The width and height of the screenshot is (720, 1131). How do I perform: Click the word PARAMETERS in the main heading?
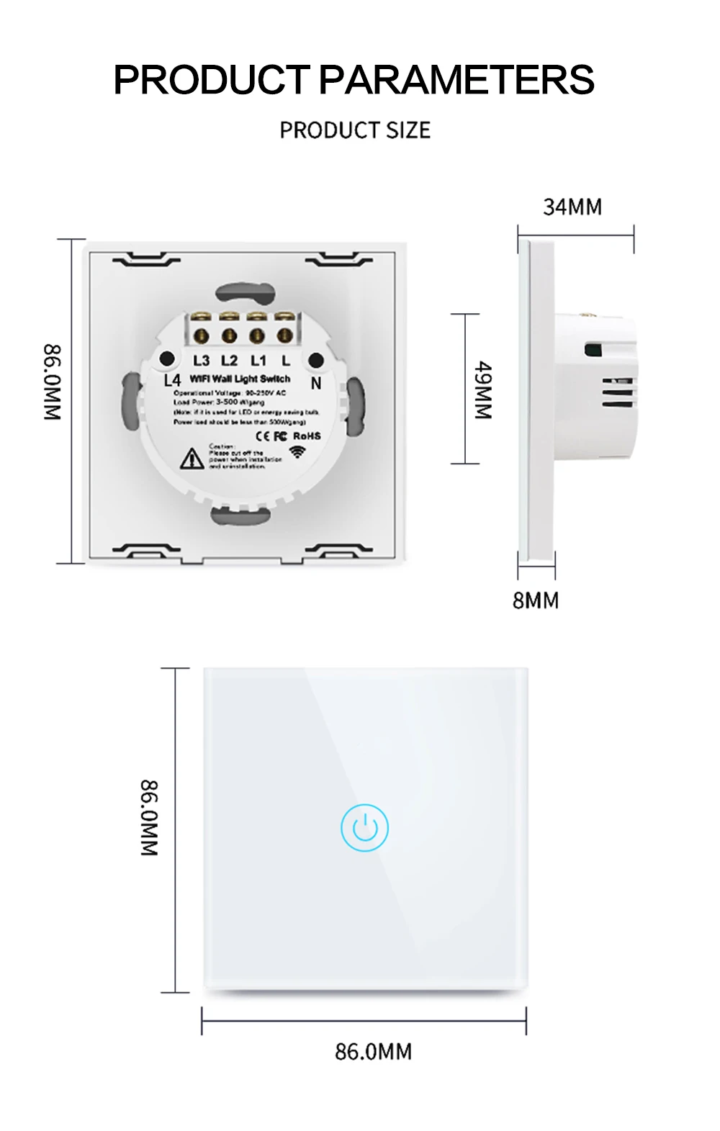[456, 80]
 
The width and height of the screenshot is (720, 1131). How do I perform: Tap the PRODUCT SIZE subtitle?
[355, 130]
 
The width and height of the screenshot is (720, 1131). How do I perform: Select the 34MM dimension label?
[572, 207]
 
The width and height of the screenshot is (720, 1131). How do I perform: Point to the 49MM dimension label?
[483, 390]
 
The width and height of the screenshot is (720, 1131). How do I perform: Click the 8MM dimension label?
[535, 600]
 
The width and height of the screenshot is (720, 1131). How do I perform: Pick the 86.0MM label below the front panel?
[373, 1052]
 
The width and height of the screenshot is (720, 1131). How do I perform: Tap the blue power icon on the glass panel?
[365, 828]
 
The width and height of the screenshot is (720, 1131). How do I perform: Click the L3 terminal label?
[202, 361]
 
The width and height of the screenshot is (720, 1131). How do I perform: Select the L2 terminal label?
[229, 361]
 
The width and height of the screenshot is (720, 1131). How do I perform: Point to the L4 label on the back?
[173, 380]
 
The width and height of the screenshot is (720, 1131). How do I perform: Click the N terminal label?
[315, 384]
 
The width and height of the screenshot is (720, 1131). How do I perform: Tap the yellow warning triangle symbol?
[192, 458]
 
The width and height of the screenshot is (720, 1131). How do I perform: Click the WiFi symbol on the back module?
[297, 452]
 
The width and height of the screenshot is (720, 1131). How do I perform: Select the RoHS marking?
[307, 436]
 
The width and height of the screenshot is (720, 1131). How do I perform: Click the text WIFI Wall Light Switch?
[240, 379]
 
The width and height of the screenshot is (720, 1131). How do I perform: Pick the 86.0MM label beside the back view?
[53, 382]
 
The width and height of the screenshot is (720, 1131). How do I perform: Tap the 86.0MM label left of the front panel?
[148, 817]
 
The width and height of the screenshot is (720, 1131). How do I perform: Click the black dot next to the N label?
[315, 360]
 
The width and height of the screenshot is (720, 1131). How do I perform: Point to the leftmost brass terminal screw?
[201, 335]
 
